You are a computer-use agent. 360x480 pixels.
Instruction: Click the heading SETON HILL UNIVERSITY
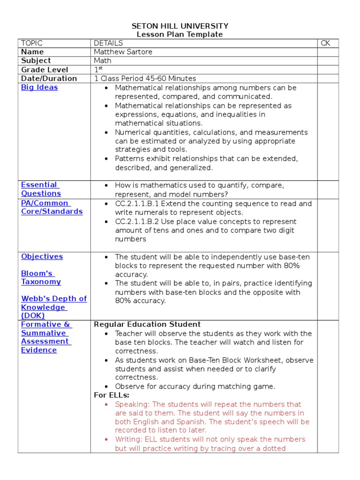tap(180, 26)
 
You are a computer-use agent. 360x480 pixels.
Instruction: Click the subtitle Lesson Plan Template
tap(180, 34)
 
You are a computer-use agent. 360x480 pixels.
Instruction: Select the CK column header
tap(325, 43)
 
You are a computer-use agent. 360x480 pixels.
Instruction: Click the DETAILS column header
tap(108, 43)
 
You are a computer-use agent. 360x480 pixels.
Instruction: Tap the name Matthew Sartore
tap(123, 52)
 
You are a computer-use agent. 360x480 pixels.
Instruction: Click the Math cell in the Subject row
tap(103, 61)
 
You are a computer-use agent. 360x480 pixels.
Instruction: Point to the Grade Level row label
tap(41, 70)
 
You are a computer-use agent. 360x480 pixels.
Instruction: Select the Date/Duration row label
tap(49, 79)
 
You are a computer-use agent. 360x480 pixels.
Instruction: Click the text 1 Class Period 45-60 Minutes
tap(145, 79)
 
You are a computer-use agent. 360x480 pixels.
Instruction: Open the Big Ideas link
tap(39, 88)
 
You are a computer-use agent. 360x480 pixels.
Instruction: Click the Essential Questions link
tap(41, 189)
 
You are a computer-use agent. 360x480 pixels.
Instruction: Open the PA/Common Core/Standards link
tap(52, 207)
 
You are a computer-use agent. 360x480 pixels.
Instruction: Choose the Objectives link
tap(42, 256)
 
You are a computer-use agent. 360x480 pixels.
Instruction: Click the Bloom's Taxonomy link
tap(41, 277)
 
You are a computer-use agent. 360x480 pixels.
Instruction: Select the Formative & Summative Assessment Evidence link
tap(45, 337)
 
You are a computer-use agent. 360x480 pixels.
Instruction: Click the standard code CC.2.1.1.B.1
tap(141, 204)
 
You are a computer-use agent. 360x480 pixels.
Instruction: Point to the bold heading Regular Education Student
tap(147, 324)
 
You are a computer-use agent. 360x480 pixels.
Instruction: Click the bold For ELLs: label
tap(112, 395)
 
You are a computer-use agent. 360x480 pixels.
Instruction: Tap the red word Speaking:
tap(133, 404)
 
